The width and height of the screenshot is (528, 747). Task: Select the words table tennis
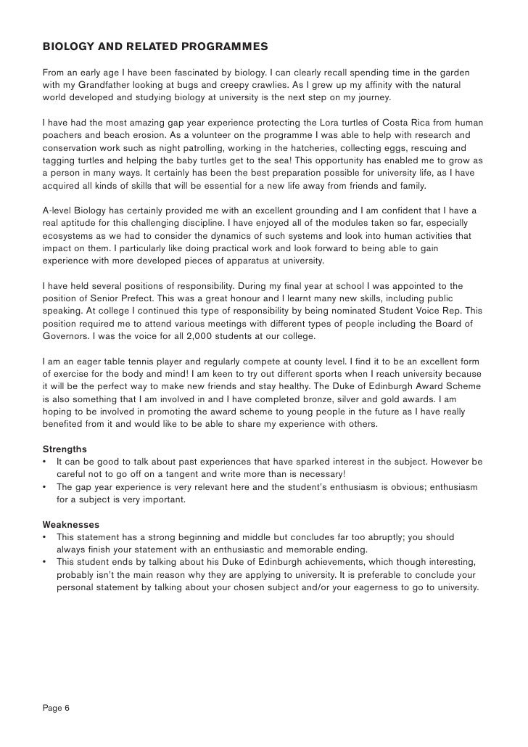pos(126,361)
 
